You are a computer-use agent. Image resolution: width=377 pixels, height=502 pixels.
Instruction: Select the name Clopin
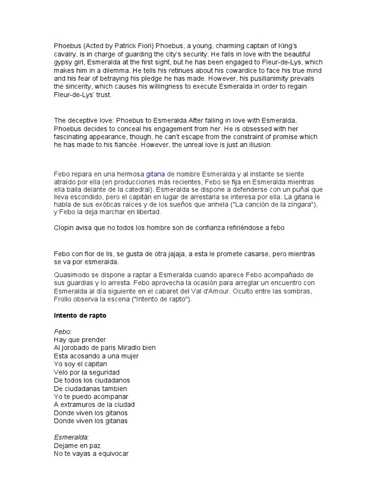[x=64, y=227]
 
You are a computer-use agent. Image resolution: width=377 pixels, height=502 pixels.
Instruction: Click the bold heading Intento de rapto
[x=80, y=316]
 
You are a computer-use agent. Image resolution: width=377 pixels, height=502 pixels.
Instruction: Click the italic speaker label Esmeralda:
[x=72, y=437]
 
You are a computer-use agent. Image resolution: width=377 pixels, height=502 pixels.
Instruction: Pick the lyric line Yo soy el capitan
[x=81, y=364]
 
